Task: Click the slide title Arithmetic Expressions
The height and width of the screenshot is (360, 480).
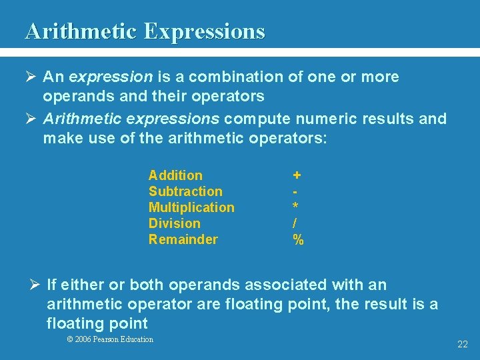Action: pyautogui.click(x=145, y=31)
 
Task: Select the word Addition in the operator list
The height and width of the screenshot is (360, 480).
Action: pyautogui.click(x=175, y=175)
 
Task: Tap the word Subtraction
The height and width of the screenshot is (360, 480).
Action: pyautogui.click(x=185, y=191)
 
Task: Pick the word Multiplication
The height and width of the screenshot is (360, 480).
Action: pyautogui.click(x=191, y=207)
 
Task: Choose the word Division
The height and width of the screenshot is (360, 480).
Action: pyautogui.click(x=174, y=223)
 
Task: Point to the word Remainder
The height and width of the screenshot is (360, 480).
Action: pyautogui.click(x=183, y=239)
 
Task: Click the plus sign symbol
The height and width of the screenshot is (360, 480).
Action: pyautogui.click(x=297, y=175)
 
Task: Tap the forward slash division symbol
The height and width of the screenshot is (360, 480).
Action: pyautogui.click(x=295, y=223)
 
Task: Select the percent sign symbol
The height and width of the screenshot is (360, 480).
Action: pyautogui.click(x=298, y=239)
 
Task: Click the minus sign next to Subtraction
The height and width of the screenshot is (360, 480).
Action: pyautogui.click(x=295, y=192)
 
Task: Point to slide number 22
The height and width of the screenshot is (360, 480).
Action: pyautogui.click(x=463, y=344)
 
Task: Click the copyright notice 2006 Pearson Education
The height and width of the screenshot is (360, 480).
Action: pyautogui.click(x=110, y=339)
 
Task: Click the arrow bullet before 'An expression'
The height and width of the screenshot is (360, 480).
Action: pyautogui.click(x=31, y=77)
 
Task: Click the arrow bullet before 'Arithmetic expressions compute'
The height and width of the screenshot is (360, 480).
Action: pyautogui.click(x=31, y=119)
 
